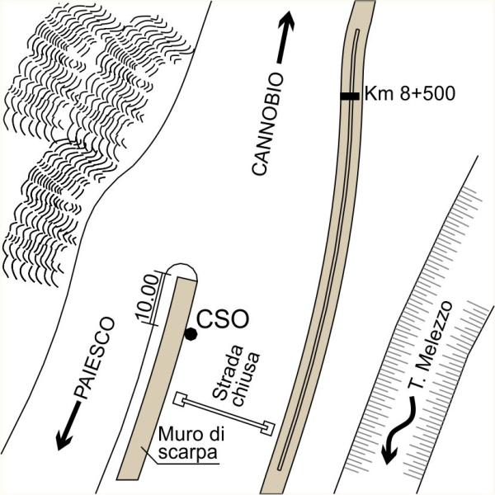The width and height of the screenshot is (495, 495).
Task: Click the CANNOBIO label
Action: [x=267, y=124]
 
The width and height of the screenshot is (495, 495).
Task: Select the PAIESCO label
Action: [x=94, y=358]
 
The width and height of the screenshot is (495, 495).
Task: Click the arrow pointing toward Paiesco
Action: [x=68, y=426]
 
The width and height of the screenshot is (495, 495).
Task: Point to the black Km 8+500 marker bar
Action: [x=350, y=96]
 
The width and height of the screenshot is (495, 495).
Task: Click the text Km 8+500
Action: [x=410, y=94]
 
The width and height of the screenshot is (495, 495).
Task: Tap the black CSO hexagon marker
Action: [x=191, y=334]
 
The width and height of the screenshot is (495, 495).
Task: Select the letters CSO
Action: [x=223, y=319]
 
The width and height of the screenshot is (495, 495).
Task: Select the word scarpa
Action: [x=188, y=453]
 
